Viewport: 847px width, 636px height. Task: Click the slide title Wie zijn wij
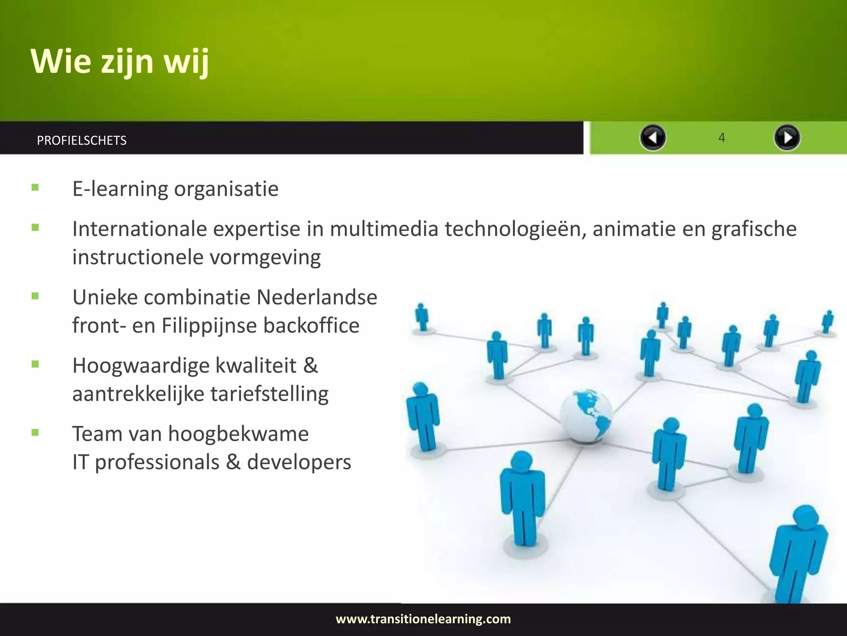point(120,61)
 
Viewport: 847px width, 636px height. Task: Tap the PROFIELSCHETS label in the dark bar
point(81,140)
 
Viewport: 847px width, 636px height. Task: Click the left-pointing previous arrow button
point(653,137)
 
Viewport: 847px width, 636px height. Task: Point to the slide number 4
point(722,137)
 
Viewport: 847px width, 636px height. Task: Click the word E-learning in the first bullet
point(120,189)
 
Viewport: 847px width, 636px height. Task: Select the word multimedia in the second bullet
point(383,229)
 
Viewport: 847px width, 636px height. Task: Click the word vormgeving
point(265,258)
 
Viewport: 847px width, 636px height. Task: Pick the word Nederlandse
point(316,297)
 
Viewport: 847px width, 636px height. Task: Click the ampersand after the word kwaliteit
point(311,366)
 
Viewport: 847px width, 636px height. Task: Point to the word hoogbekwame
point(238,434)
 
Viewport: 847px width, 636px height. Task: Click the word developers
point(299,462)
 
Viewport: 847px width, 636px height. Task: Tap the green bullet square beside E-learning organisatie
point(35,188)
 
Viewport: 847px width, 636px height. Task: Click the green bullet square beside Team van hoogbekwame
point(35,433)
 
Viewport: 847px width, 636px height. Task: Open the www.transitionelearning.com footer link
point(423,619)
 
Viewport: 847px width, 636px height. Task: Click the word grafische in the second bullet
point(754,229)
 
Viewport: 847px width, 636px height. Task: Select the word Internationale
point(139,229)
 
